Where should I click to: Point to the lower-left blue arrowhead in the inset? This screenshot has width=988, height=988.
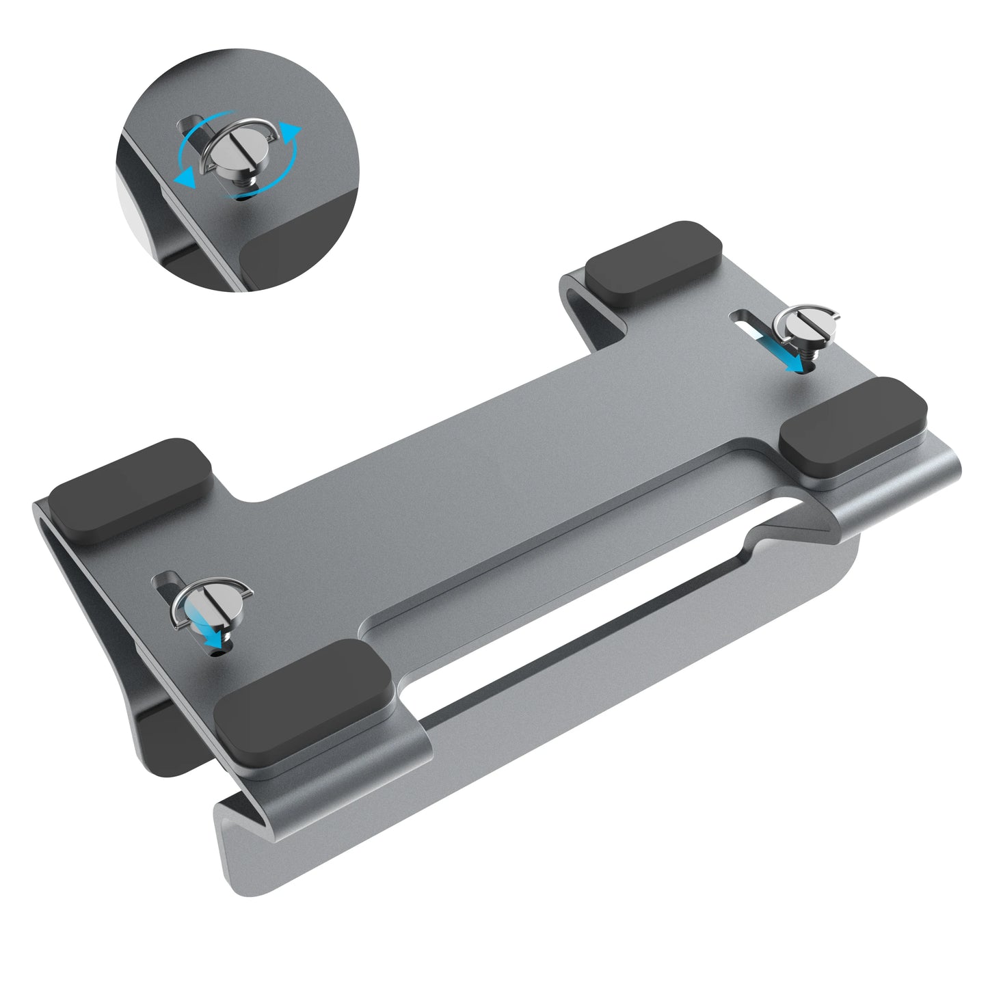tap(183, 179)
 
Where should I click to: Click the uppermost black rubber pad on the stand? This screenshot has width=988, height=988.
tap(653, 263)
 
